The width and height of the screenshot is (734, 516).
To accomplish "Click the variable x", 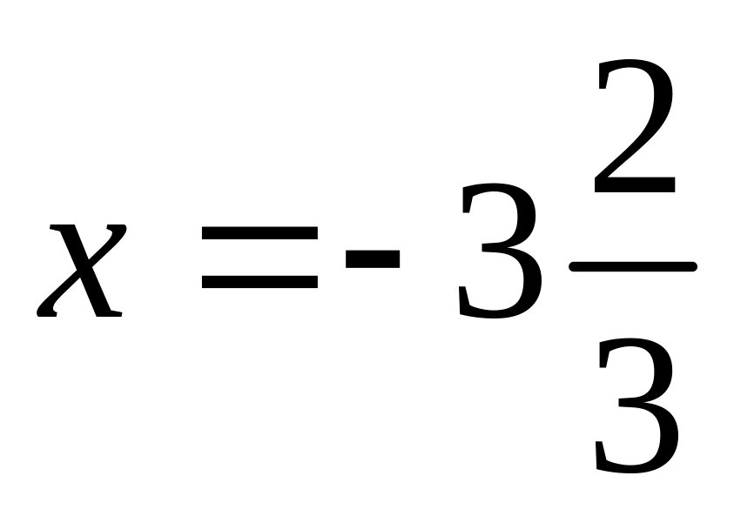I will pyautogui.click(x=81, y=270).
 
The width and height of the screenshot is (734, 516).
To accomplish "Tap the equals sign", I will pyautogui.click(x=259, y=258).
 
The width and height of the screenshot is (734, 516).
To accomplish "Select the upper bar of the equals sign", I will pyautogui.click(x=259, y=232).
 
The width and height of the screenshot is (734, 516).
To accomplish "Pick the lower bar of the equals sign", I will pyautogui.click(x=259, y=282).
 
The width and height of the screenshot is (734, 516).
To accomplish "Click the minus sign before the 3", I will pyautogui.click(x=373, y=258).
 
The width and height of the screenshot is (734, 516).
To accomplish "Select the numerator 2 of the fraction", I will pyautogui.click(x=634, y=131).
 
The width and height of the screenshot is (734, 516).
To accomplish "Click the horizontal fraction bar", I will pyautogui.click(x=633, y=267).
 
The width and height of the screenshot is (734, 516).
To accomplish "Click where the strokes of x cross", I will pyautogui.click(x=82, y=270).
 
